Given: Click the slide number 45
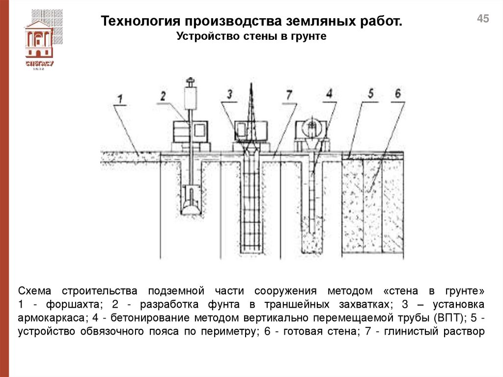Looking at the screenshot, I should click(483, 19).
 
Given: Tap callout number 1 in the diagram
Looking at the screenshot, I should click(119, 97).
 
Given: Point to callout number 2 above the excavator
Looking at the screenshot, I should click(164, 95).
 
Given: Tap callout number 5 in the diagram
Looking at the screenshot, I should click(371, 93).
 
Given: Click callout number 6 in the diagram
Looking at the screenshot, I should click(397, 93).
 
